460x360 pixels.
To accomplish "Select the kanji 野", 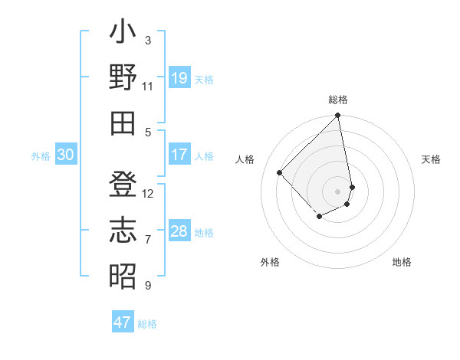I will pyautogui.click(x=123, y=80).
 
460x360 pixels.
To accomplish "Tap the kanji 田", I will pyautogui.click(x=123, y=123).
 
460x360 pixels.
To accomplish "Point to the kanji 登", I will pyautogui.click(x=123, y=187).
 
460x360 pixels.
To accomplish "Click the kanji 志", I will pyautogui.click(x=123, y=231).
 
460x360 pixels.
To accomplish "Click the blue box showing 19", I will pyautogui.click(x=179, y=78).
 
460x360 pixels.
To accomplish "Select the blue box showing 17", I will pyautogui.click(x=179, y=155).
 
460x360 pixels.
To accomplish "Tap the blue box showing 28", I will pyautogui.click(x=179, y=231).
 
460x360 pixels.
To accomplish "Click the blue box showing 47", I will pyautogui.click(x=123, y=322).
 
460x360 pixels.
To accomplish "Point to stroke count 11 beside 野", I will pyautogui.click(x=148, y=87).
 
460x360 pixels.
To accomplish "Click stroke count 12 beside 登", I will pyautogui.click(x=148, y=193).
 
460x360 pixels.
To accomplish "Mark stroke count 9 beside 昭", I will pyautogui.click(x=148, y=286).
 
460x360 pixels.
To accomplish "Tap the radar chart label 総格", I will pyautogui.click(x=338, y=100).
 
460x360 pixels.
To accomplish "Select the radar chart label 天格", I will pyautogui.click(x=432, y=159).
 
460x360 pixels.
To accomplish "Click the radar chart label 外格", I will pyautogui.click(x=270, y=262).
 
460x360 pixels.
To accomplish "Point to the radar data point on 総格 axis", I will pyautogui.click(x=337, y=116).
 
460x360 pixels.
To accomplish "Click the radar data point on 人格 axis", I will pyautogui.click(x=280, y=172).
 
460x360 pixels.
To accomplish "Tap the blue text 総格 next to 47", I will pyautogui.click(x=147, y=324).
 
